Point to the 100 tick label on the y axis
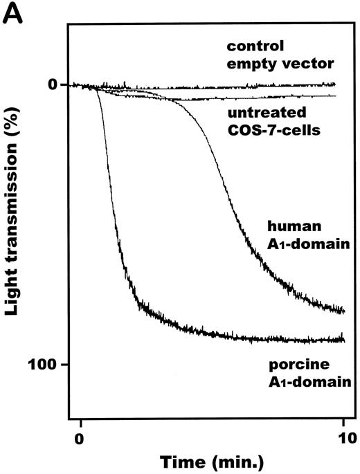[x=46, y=365]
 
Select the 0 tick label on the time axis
[x=80, y=437]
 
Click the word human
[x=287, y=225]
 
